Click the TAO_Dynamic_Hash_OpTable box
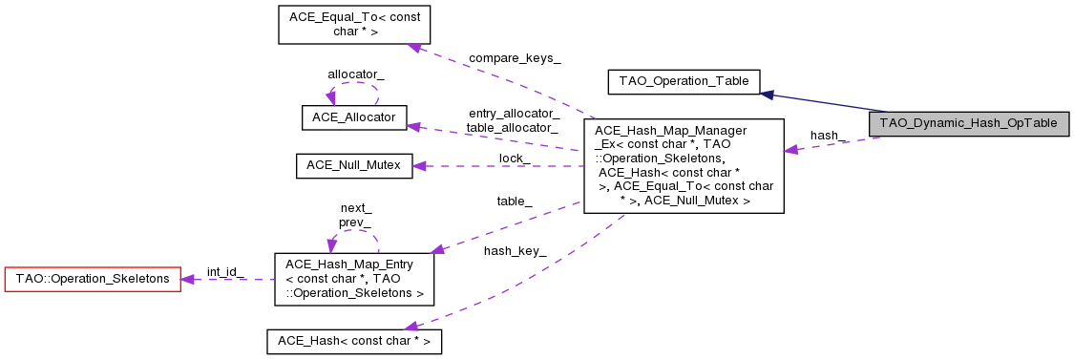tap(969, 123)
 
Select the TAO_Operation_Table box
tap(684, 81)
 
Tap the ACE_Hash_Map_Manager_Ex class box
tap(684, 165)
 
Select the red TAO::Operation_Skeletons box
tap(93, 279)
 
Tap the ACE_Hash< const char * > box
tap(354, 340)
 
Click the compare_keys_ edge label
tap(514, 58)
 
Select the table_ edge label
tap(514, 201)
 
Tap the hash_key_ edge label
tap(515, 250)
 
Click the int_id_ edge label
tap(226, 272)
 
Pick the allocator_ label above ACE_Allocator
tap(354, 73)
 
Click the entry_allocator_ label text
tap(513, 113)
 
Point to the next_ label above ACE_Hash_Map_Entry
tap(355, 207)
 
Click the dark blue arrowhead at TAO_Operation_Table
tap(767, 93)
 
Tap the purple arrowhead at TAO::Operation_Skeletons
tap(188, 279)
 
